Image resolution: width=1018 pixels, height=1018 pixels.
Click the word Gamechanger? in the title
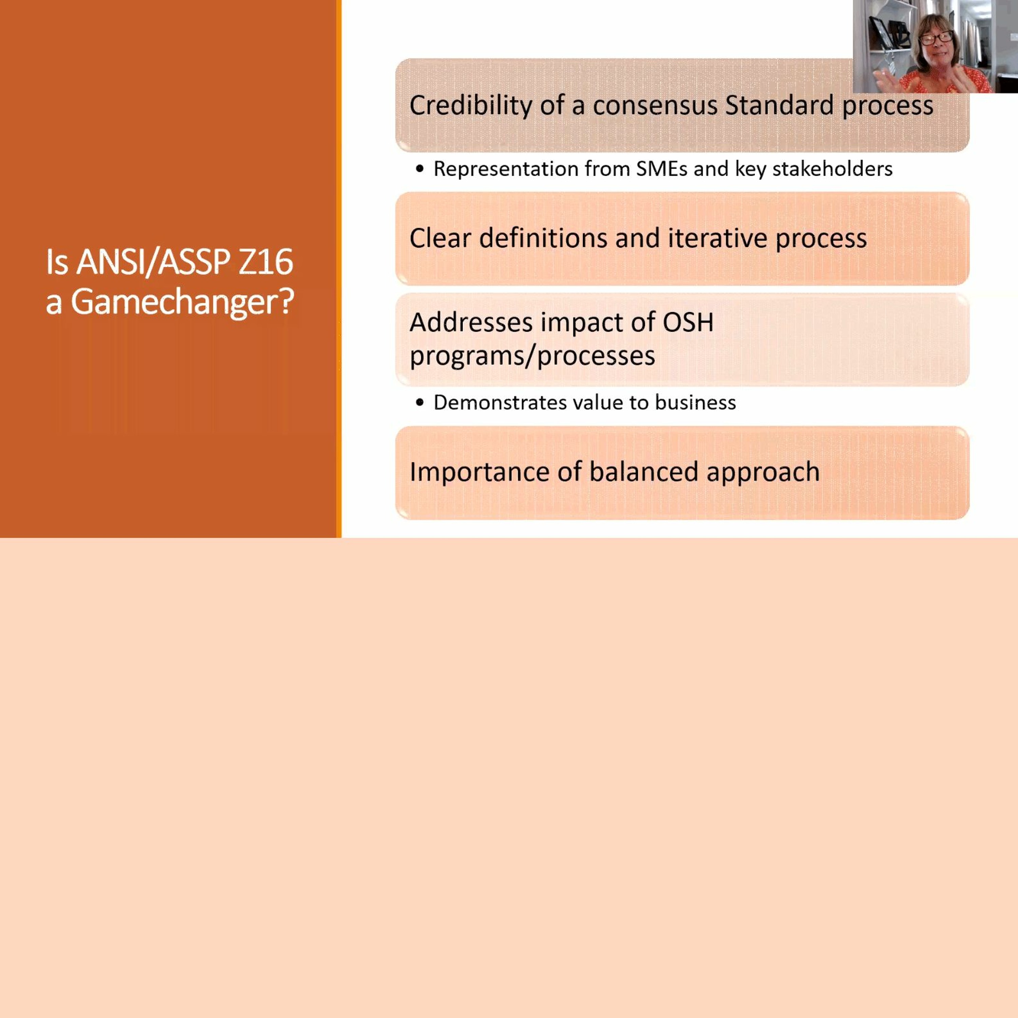pyautogui.click(x=182, y=302)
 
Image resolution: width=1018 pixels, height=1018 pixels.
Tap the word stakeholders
pyautogui.click(x=832, y=169)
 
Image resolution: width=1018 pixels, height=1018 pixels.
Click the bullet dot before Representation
pyautogui.click(x=419, y=169)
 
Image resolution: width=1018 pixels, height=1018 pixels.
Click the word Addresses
pyautogui.click(x=471, y=322)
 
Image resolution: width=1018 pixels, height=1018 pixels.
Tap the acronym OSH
pyautogui.click(x=687, y=322)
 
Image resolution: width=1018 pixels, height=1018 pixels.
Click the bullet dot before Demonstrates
pyautogui.click(x=419, y=402)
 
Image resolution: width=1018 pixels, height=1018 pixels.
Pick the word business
pyautogui.click(x=695, y=402)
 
